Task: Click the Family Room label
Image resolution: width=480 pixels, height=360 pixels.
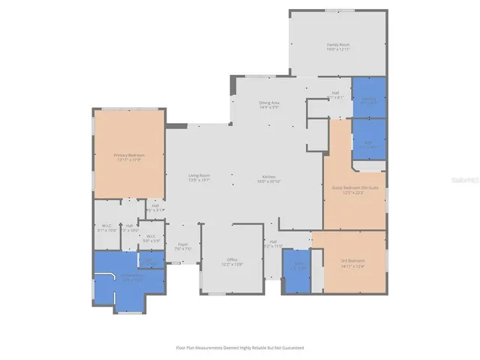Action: pos(338,45)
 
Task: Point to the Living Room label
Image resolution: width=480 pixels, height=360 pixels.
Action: pos(199,175)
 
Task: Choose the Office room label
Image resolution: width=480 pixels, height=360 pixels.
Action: pos(232,259)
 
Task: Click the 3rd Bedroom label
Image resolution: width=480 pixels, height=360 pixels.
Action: pos(351,260)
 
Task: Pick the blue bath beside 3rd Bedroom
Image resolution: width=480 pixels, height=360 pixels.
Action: pos(298,267)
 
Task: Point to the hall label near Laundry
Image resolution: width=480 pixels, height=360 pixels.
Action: pos(335,94)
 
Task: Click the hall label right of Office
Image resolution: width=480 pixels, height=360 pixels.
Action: pos(274,241)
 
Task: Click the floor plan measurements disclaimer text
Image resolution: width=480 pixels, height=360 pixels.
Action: pos(239,347)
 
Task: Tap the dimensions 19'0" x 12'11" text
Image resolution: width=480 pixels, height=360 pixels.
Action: pos(338,49)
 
